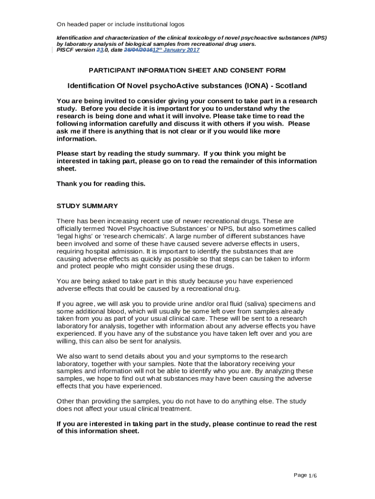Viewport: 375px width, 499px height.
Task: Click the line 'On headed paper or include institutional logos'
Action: pos(120,24)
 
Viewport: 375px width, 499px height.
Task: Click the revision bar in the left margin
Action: pos(52,50)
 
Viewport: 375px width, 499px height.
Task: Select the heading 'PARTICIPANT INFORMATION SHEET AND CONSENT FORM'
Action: pos(187,70)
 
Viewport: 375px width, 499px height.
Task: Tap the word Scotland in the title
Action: pos(291,86)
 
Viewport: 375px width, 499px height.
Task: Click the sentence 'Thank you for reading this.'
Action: pos(101,184)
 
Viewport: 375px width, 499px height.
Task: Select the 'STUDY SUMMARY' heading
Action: pos(87,206)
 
